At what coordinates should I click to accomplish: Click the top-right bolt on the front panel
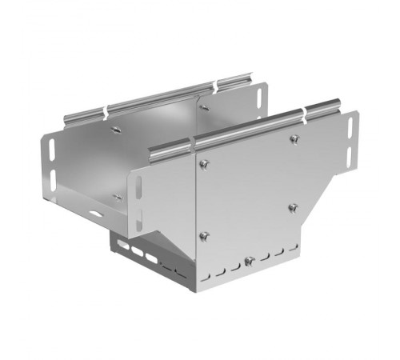click(294, 140)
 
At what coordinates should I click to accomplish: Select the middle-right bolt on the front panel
click(291, 208)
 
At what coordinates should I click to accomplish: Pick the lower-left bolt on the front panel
click(204, 235)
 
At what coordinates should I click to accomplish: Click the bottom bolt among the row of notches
click(249, 260)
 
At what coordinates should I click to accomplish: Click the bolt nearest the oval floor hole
click(117, 196)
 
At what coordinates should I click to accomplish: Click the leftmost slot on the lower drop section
click(122, 246)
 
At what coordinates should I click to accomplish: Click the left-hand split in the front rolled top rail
click(191, 146)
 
